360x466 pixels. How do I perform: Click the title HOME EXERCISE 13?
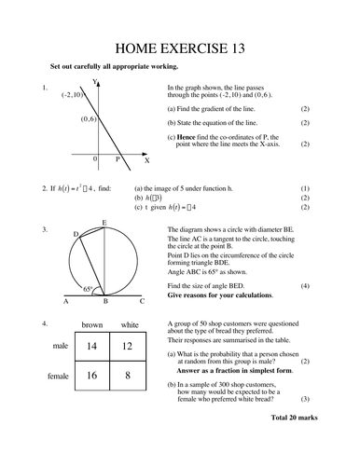180,48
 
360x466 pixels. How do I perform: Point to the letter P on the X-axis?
118,159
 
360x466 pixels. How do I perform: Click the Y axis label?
96,83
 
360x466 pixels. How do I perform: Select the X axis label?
145,160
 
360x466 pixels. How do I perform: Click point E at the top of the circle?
104,223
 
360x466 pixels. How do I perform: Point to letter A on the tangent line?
65,302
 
